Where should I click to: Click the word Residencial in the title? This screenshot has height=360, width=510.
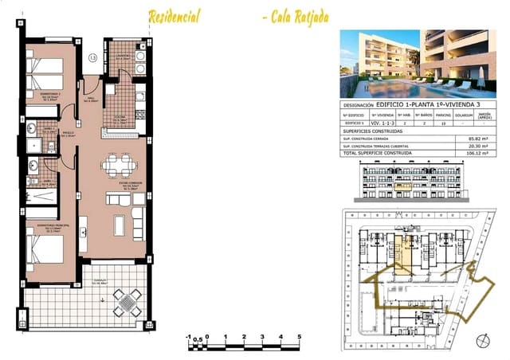click(x=174, y=16)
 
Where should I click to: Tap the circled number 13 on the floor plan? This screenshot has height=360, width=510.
click(x=93, y=57)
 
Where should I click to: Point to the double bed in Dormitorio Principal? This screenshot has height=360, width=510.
click(x=48, y=252)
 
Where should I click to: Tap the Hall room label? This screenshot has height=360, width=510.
click(x=92, y=78)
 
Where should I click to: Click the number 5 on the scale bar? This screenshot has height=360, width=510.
click(x=298, y=337)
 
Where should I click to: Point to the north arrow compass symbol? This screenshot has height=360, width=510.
click(x=481, y=340)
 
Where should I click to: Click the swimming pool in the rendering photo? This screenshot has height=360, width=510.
click(x=398, y=84)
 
